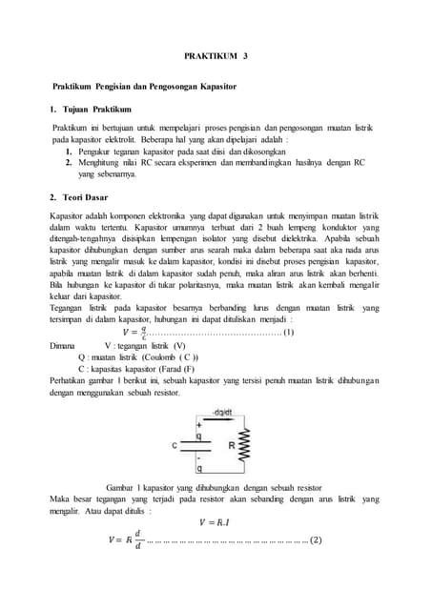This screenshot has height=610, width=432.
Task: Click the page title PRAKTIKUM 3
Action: (x=215, y=56)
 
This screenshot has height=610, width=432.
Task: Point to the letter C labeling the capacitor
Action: (x=175, y=445)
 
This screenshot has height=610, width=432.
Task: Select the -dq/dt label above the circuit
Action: (x=220, y=413)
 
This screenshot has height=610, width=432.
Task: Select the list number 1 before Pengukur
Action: (x=69, y=151)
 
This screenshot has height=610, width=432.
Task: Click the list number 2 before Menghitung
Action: (x=69, y=162)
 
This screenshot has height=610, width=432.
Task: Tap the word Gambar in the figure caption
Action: (x=118, y=486)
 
